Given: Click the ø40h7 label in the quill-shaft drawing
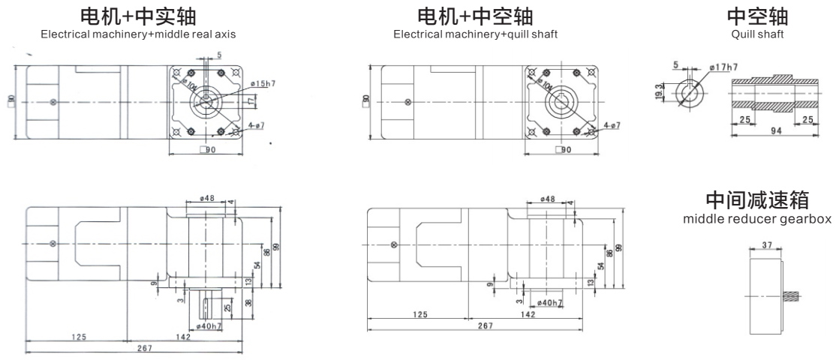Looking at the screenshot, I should click(x=549, y=302).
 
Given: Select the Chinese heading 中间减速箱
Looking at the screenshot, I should click(x=756, y=200).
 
